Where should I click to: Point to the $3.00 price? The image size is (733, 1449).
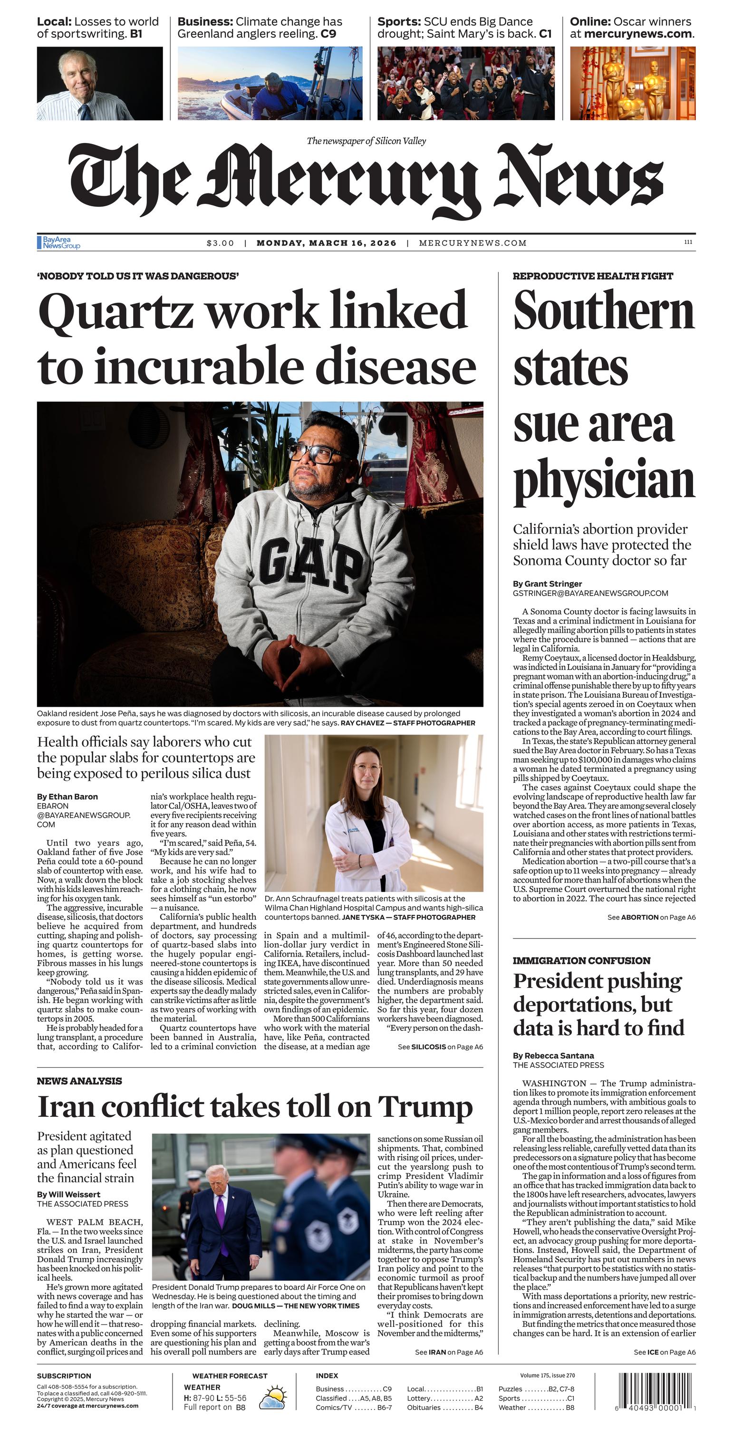[220, 243]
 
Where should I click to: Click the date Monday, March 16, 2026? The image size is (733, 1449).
[326, 243]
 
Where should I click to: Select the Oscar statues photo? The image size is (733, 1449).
[632, 83]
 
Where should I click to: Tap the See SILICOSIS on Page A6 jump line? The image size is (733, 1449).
[440, 1047]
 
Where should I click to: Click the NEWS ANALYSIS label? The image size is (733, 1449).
[79, 1081]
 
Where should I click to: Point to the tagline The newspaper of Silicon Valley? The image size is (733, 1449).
[366, 141]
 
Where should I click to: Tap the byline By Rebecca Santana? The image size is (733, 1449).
[553, 1056]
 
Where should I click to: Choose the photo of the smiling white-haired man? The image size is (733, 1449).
[99, 83]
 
